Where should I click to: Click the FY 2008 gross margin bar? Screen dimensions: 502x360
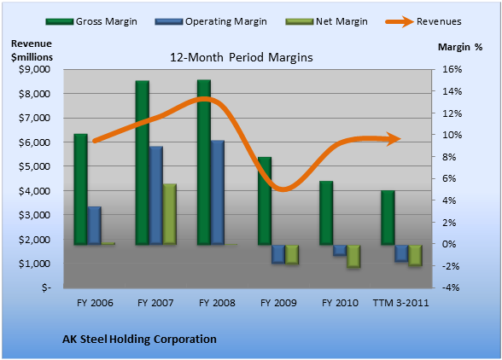(x=204, y=162)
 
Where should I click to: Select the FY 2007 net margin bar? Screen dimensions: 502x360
(x=170, y=214)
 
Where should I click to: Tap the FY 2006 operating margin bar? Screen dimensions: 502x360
(x=95, y=225)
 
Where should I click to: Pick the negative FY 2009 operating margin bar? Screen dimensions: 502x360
(x=278, y=254)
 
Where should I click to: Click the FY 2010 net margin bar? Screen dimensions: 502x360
(x=353, y=256)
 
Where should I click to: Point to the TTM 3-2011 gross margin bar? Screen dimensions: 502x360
(x=388, y=218)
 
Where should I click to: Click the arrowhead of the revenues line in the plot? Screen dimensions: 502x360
(x=394, y=139)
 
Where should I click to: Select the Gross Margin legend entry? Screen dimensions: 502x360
(x=91, y=21)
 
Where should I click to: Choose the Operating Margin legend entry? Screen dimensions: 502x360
(x=211, y=21)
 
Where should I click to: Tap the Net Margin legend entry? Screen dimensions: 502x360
(x=326, y=21)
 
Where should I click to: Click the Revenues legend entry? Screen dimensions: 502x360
(x=423, y=21)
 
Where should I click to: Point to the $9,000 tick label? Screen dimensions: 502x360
(x=34, y=69)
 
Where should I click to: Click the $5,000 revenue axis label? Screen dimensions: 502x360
(x=34, y=166)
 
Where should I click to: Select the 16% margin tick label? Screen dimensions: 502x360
(x=452, y=69)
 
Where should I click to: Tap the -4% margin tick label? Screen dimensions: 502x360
(x=451, y=287)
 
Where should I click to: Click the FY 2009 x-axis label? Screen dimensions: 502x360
(x=278, y=303)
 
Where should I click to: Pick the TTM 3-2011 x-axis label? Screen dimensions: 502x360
(x=400, y=303)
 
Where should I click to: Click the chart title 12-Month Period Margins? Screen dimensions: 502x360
(x=241, y=58)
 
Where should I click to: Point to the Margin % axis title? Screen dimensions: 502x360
(x=460, y=47)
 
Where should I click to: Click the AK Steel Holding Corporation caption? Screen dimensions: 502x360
(x=139, y=340)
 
